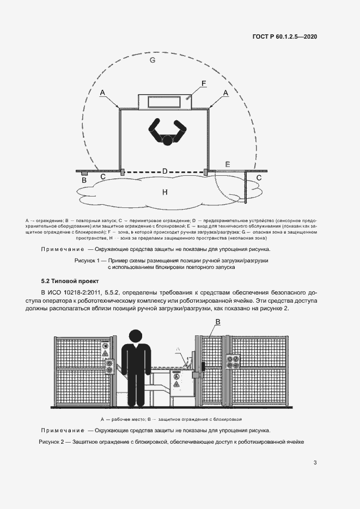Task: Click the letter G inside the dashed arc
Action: click(152, 60)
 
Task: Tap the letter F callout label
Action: click(203, 83)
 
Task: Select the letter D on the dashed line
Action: click(164, 171)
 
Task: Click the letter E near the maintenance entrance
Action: click(228, 164)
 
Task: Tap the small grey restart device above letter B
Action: click(84, 173)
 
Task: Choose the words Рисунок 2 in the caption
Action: click(53, 441)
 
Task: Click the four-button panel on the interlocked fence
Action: click(236, 363)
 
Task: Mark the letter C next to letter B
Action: click(103, 177)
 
